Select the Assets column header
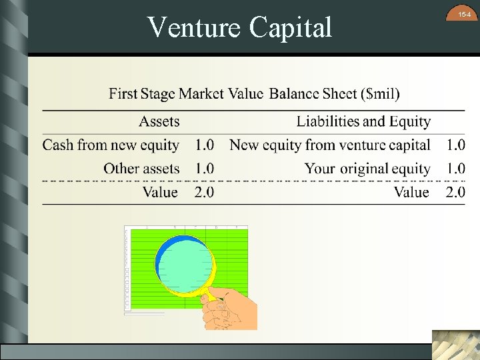point(159,121)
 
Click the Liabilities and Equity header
point(363,121)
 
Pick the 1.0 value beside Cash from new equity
point(205,145)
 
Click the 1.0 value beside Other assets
point(205,169)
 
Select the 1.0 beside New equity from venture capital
point(455,145)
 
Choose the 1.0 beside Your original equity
point(455,169)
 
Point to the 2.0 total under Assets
point(205,192)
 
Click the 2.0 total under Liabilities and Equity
point(455,192)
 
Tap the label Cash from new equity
point(111,145)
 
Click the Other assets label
point(141,169)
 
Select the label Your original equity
point(367,169)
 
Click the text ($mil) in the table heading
point(380,93)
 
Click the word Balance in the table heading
point(294,93)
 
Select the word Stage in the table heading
point(158,93)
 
